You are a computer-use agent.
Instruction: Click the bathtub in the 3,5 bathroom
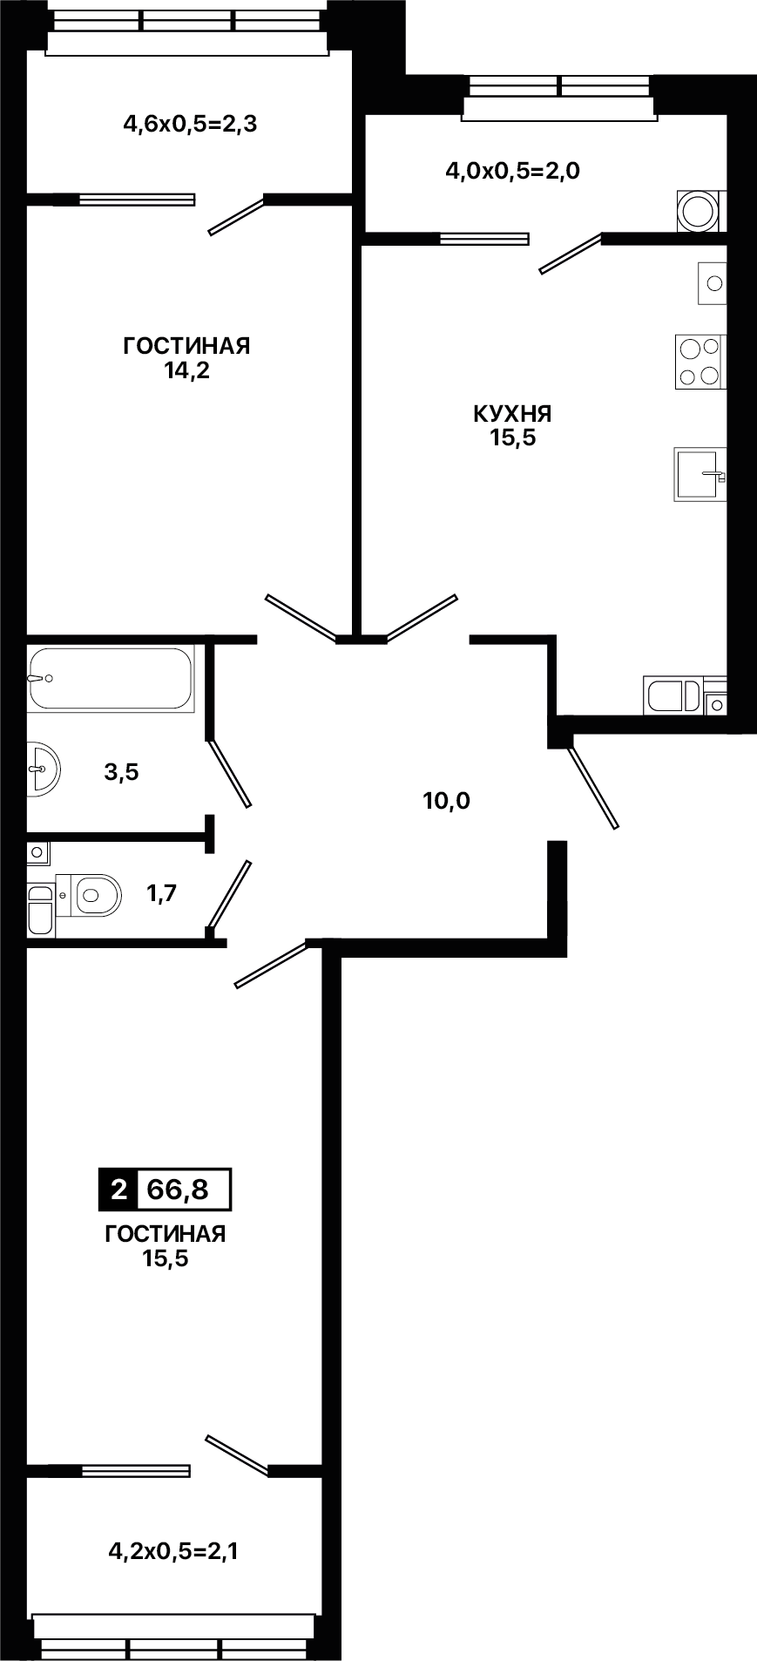click(x=110, y=678)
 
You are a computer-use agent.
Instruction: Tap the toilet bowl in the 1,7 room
click(x=97, y=894)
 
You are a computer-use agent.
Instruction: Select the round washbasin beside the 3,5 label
click(x=43, y=769)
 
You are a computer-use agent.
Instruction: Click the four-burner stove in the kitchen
click(x=700, y=362)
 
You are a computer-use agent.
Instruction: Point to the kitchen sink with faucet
click(x=700, y=474)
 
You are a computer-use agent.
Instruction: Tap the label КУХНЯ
click(x=512, y=413)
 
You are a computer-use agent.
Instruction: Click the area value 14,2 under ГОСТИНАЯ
click(x=186, y=371)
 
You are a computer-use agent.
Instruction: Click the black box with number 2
click(x=118, y=1189)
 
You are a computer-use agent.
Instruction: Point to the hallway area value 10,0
click(x=446, y=800)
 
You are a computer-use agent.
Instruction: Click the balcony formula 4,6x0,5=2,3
click(x=190, y=125)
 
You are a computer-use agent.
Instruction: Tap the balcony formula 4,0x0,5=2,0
click(x=512, y=171)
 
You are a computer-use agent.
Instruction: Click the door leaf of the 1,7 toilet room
click(x=229, y=895)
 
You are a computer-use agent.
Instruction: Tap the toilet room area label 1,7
click(x=161, y=894)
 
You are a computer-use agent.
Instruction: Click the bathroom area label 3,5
click(x=122, y=771)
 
